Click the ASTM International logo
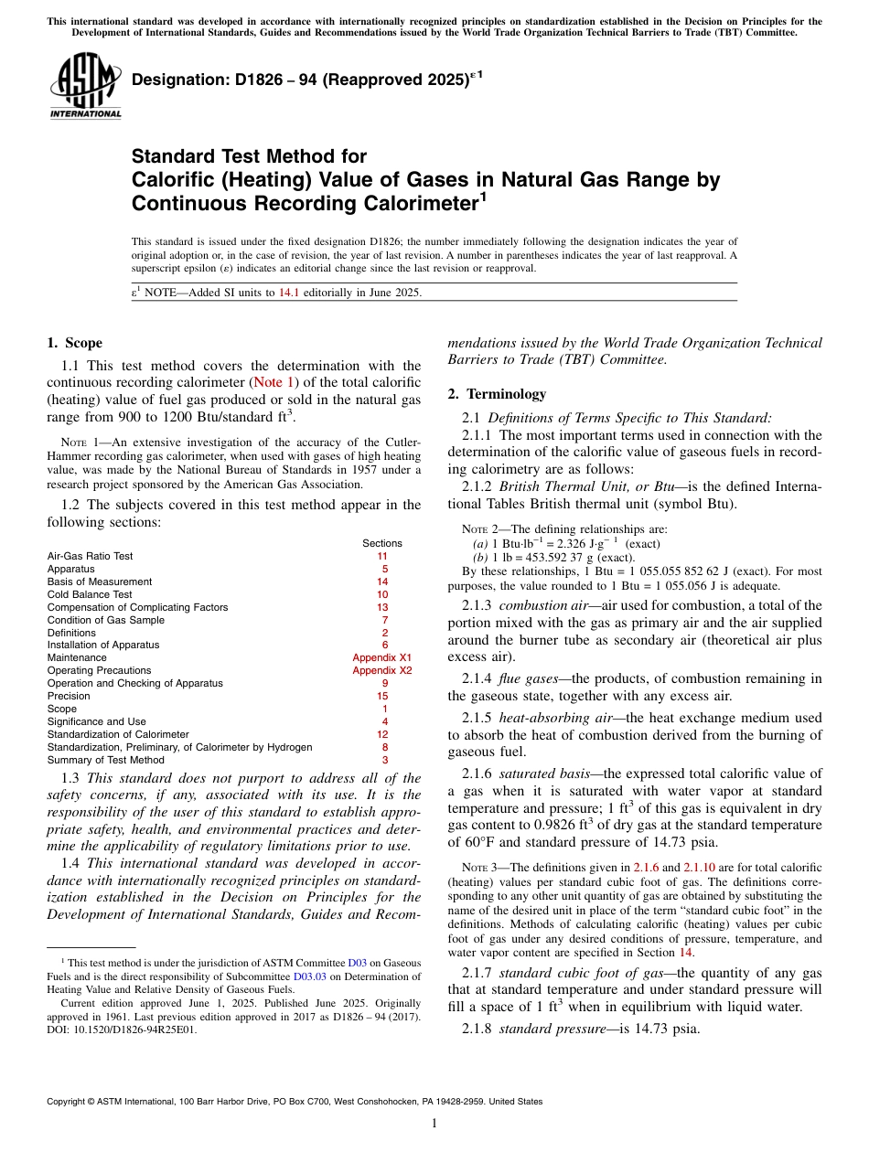(85, 87)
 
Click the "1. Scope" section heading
(74, 344)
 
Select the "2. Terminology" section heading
(497, 394)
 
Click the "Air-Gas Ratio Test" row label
(90, 556)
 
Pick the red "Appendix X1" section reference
(382, 657)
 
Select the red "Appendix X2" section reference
(382, 670)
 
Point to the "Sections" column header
(382, 543)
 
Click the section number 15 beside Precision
(383, 696)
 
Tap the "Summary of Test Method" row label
(105, 760)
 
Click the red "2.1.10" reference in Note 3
(699, 867)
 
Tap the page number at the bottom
(434, 1123)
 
